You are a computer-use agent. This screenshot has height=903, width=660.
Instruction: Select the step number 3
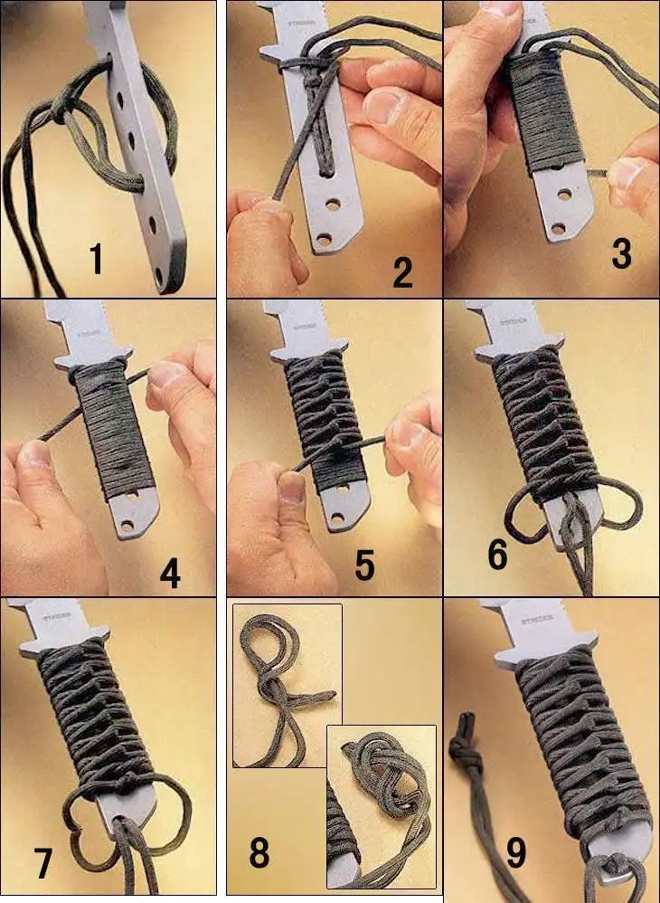pyautogui.click(x=621, y=254)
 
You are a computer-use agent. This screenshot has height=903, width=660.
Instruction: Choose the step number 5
pyautogui.click(x=363, y=565)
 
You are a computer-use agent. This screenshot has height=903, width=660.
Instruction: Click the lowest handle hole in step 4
pyautogui.click(x=127, y=524)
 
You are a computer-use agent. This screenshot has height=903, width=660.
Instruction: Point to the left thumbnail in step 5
pyautogui.click(x=288, y=489)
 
